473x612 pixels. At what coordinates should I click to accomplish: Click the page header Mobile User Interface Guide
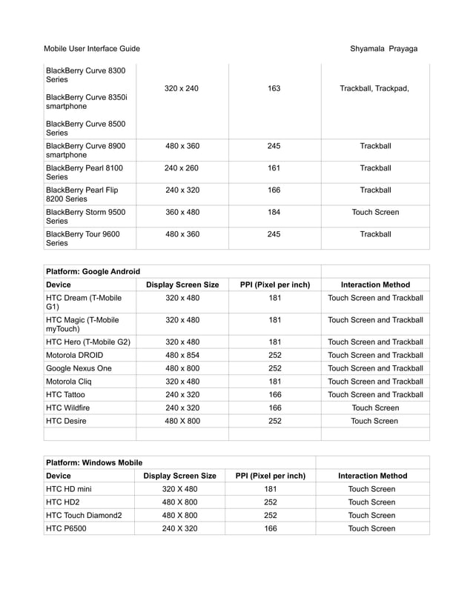(91, 49)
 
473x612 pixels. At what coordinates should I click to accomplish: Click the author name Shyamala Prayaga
(383, 49)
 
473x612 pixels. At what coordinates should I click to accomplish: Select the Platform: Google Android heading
(93, 271)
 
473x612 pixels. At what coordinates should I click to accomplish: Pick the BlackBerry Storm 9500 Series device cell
(86, 217)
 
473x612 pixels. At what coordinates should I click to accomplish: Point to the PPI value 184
(274, 213)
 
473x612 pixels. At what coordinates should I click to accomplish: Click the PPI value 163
(274, 89)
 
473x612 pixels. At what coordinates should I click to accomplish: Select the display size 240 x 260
(182, 168)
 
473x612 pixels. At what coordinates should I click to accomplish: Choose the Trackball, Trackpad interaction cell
(374, 89)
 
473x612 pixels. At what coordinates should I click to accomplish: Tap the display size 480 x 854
(182, 355)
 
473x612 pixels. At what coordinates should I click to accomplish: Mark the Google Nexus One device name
(79, 367)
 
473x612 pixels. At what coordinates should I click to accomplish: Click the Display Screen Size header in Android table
(182, 285)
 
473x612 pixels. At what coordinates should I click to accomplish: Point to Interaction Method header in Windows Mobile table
(372, 476)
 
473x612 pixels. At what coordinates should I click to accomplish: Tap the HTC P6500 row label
(68, 528)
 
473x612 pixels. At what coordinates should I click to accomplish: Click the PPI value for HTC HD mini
(271, 489)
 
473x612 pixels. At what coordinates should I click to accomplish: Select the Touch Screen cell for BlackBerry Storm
(375, 213)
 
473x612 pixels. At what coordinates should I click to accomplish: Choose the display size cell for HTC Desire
(182, 421)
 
